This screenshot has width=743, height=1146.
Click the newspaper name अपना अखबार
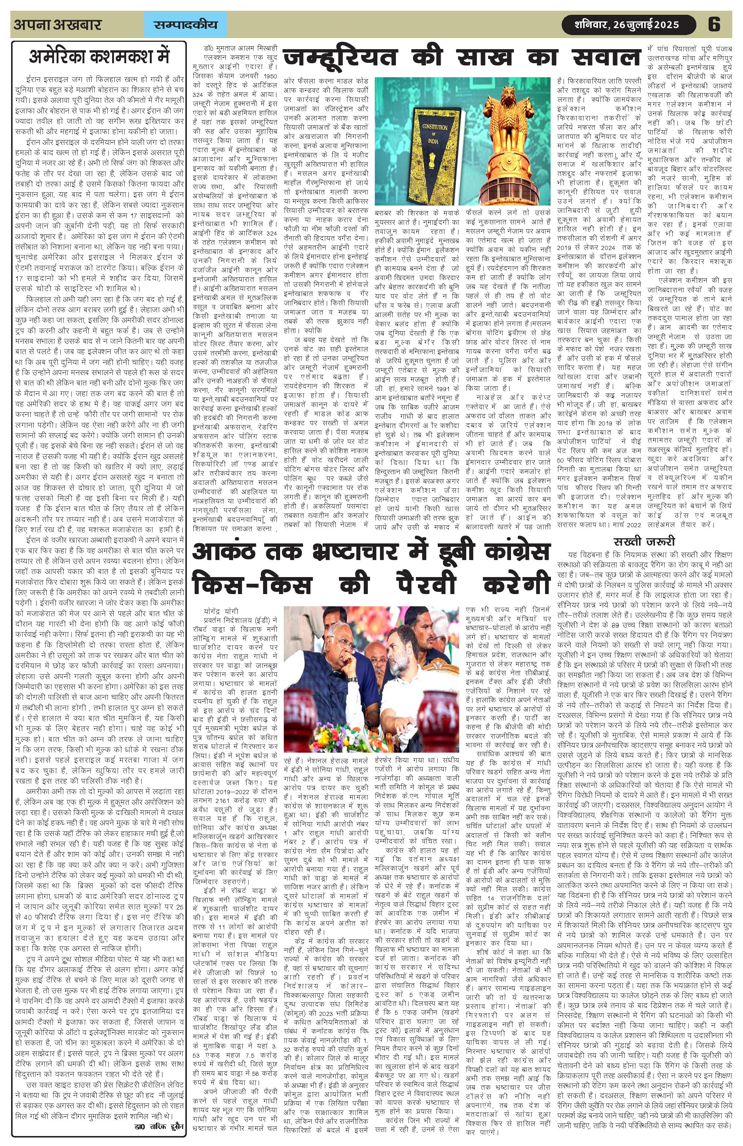coord(58,24)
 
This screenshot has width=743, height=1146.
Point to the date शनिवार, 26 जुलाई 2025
coord(627,24)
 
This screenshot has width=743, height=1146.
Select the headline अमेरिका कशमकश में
coord(99,57)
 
